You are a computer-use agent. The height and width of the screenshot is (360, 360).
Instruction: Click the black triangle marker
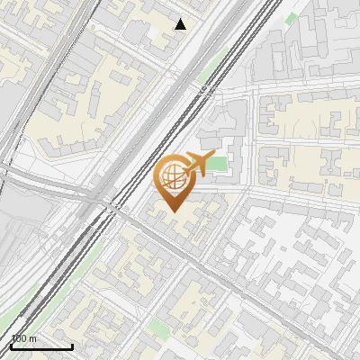(x=181, y=24)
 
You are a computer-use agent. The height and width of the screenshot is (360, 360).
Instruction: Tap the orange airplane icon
(x=196, y=166)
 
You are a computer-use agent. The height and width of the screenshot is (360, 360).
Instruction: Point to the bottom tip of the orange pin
(x=173, y=211)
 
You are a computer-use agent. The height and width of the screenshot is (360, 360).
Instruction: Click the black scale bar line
(x=40, y=346)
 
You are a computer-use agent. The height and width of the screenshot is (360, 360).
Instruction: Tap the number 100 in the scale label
(x=19, y=339)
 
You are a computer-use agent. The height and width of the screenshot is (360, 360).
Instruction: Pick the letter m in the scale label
(x=33, y=339)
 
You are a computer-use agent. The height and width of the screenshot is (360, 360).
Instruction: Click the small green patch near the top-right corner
(x=290, y=18)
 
